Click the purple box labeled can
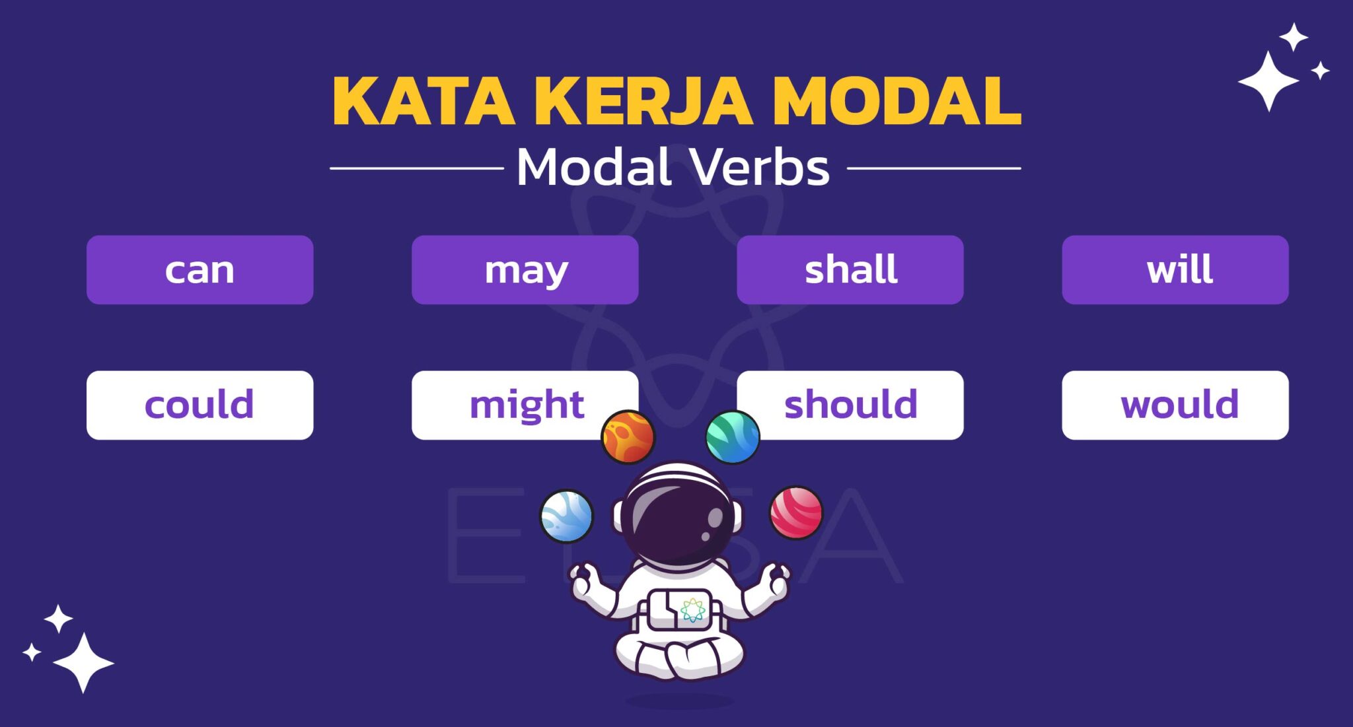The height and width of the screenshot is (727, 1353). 200,270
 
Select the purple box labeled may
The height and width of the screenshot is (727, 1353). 525,270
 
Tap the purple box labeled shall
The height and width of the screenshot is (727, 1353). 850,270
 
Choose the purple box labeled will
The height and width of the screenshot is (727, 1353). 1175,270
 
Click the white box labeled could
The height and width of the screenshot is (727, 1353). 200,405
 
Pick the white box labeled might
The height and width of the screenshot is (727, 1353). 515,405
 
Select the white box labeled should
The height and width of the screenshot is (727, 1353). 859,405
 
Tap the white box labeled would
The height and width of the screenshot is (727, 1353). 1175,405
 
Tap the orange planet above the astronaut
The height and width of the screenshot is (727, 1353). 628,437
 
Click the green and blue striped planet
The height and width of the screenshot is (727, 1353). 732,437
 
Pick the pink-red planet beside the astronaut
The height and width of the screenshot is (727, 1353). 796,512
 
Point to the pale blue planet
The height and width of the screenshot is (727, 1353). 566,516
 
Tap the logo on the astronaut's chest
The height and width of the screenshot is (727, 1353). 692,609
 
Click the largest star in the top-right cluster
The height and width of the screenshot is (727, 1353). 1268,81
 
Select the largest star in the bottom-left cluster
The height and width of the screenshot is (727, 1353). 83,662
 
